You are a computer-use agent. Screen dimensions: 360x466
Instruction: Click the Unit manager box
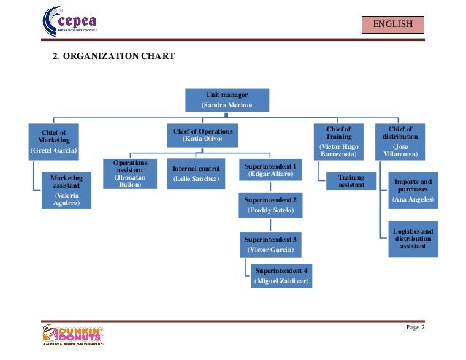(x=227, y=100)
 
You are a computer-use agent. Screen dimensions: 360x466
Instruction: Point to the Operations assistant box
(x=130, y=175)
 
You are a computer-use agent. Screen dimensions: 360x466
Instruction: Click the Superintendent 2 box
(x=270, y=204)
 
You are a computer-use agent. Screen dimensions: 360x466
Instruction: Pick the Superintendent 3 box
(x=270, y=244)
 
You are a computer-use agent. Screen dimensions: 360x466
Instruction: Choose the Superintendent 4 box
(x=281, y=275)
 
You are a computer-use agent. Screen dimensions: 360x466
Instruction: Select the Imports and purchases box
(x=413, y=190)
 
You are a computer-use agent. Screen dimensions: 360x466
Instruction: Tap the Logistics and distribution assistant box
(x=413, y=238)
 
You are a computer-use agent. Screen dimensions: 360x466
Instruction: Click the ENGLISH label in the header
(x=393, y=26)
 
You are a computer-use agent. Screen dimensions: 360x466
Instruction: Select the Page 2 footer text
(x=414, y=326)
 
